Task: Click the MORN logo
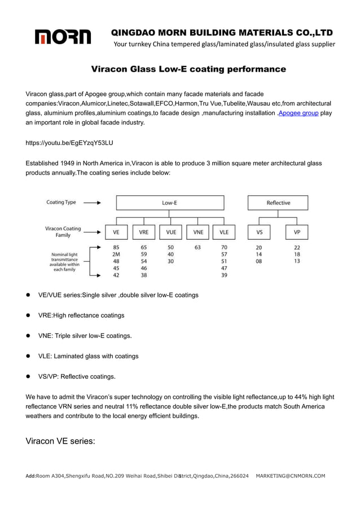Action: coord(63,37)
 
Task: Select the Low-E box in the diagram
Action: coord(170,203)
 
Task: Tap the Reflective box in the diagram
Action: coord(278,203)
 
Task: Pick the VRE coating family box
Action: coord(143,231)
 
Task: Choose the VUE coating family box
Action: coord(171,231)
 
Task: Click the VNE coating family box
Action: coord(198,231)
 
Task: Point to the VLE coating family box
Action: coord(224,231)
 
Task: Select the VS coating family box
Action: coord(259,231)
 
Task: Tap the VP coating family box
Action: coord(297,231)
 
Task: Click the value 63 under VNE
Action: coord(197,247)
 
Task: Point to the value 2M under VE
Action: coord(116,254)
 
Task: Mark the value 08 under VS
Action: coord(258,261)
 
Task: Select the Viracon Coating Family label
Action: coord(63,231)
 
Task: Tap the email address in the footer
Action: coord(290,476)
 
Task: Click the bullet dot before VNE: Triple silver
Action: coord(28,336)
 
